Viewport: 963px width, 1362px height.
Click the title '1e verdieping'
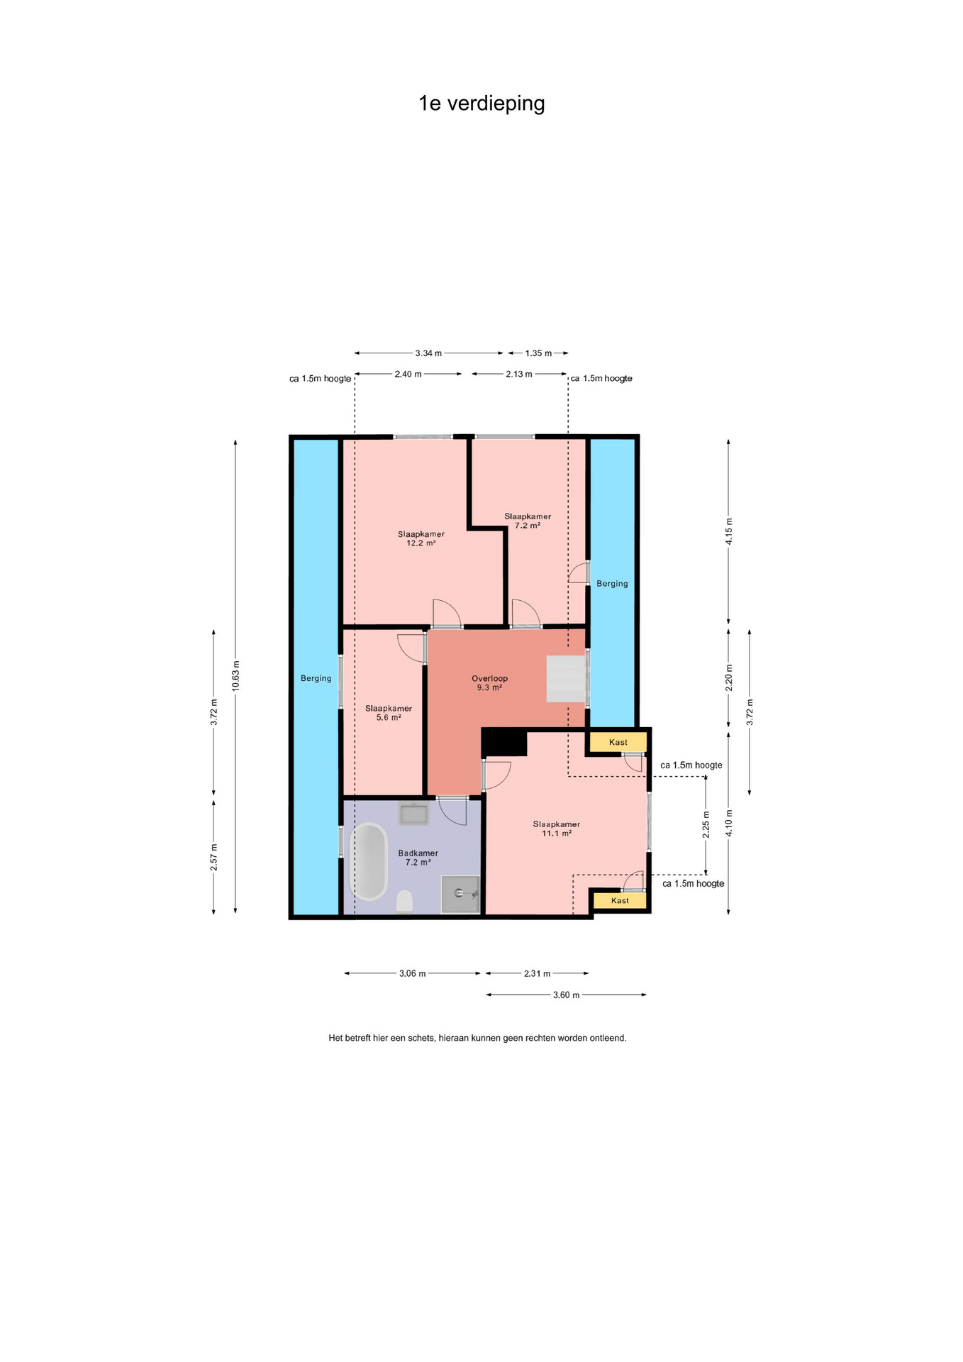481,104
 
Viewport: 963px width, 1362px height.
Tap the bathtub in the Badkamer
369,861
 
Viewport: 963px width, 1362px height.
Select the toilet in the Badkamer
404,901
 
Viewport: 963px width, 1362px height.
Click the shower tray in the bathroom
460,894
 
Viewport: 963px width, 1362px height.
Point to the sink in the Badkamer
413,813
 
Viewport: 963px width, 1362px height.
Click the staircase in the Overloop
566,679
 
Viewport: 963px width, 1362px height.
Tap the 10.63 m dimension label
235,675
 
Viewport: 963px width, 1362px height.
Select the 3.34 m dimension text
428,353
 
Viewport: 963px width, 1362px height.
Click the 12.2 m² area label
421,543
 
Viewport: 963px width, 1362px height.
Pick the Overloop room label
489,678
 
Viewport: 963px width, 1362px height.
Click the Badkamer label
418,853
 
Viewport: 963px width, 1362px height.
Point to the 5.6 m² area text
389,717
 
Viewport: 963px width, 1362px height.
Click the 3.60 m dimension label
566,995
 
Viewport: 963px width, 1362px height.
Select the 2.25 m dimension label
706,824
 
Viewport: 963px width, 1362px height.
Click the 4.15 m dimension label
729,531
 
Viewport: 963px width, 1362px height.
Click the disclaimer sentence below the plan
477,1038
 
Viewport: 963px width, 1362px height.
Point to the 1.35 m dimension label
538,353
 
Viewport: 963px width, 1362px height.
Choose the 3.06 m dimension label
412,973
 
